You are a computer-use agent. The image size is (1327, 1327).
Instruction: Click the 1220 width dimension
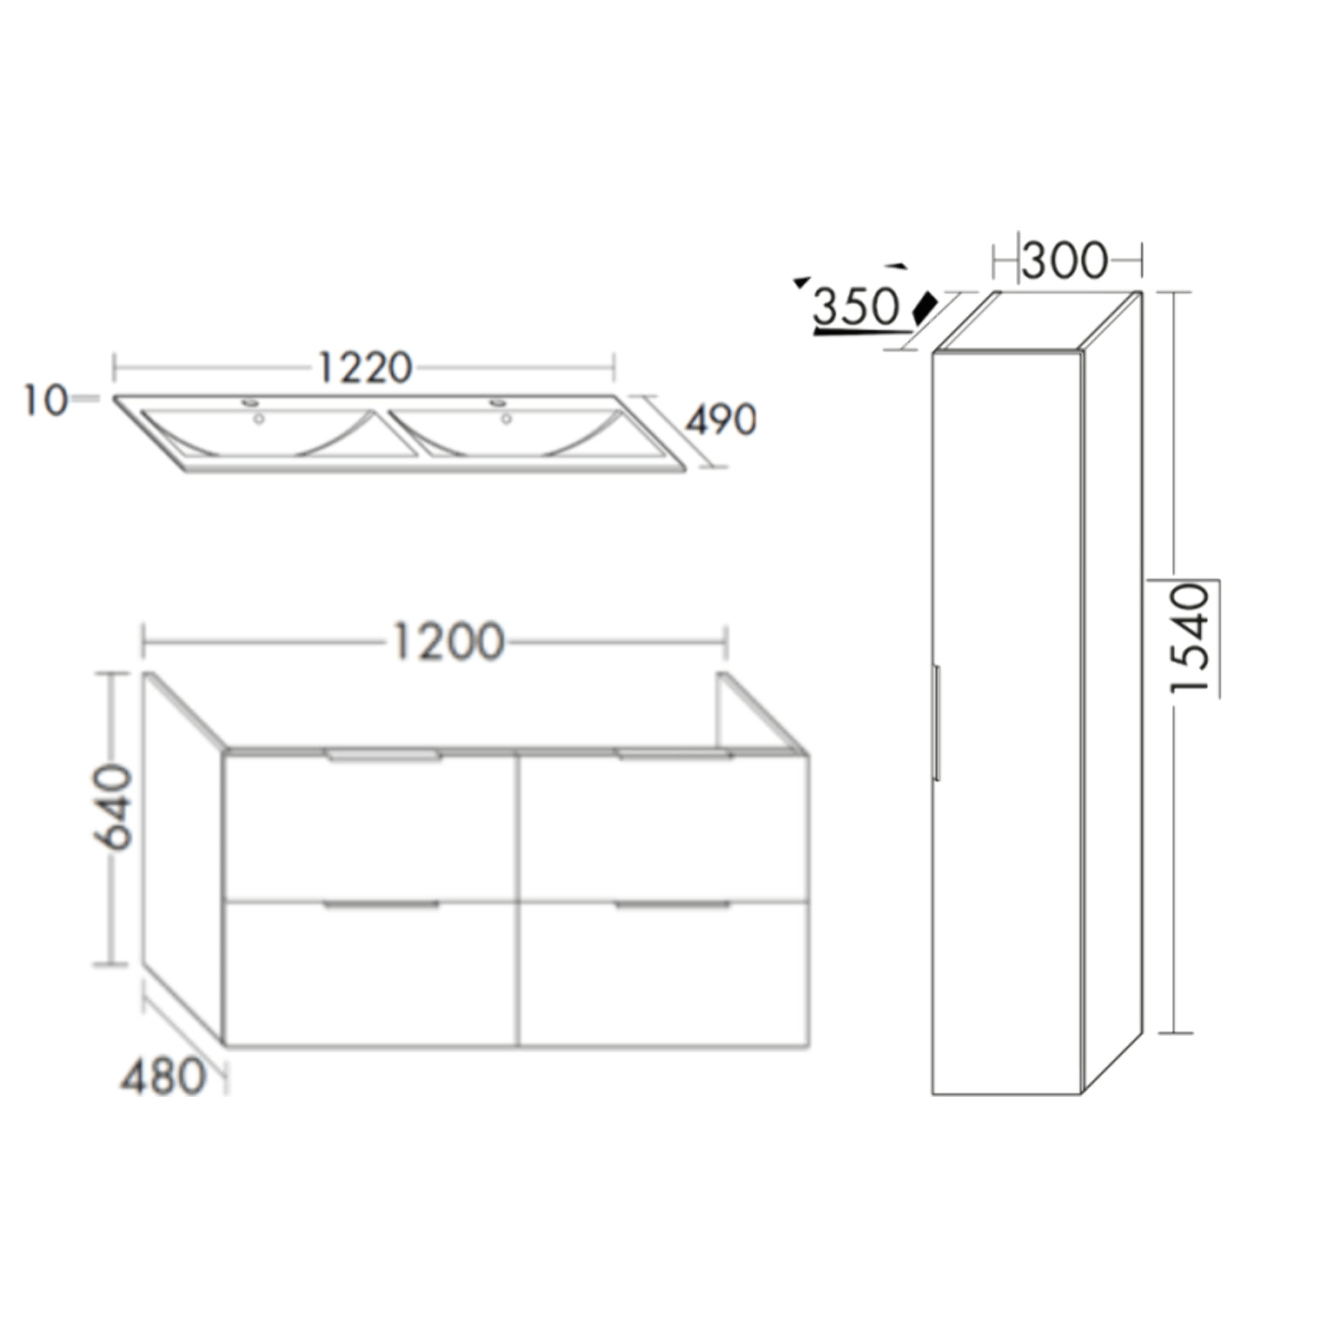[364, 368]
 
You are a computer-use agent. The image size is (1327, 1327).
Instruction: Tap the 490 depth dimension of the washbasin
[720, 420]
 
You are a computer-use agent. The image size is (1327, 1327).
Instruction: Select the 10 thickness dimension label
[45, 400]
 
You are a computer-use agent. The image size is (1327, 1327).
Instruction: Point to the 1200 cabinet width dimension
[447, 641]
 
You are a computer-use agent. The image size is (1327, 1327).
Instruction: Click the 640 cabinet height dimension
[113, 807]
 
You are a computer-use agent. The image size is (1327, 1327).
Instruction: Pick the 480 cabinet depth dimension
[163, 1077]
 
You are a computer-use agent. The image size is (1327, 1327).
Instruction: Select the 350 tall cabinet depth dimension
[856, 307]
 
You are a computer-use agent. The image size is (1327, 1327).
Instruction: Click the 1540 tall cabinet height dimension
[1189, 639]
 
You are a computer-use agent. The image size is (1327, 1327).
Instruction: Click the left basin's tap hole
[251, 402]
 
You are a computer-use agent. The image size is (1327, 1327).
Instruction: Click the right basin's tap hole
[498, 402]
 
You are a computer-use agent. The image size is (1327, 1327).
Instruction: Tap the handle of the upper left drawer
[382, 756]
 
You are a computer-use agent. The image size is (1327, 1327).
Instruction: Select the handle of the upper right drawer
[673, 755]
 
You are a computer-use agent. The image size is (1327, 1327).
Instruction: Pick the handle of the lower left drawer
[381, 904]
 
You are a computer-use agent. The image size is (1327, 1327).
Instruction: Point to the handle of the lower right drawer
[673, 904]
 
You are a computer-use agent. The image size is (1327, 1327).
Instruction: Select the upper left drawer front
[369, 830]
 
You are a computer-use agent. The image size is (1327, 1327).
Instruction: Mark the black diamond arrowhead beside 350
[924, 309]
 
